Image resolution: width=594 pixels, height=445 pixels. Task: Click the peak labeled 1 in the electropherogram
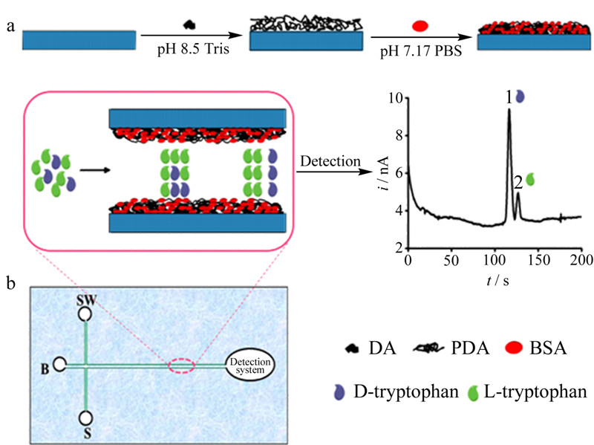coord(509,109)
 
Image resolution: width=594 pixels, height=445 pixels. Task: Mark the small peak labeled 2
coord(518,193)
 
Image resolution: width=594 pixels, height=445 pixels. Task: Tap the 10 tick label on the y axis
coord(396,98)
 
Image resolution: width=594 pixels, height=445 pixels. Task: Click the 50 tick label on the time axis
coord(451,261)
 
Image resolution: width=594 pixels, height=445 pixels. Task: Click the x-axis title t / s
coord(497,281)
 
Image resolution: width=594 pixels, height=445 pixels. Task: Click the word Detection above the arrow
coord(330,161)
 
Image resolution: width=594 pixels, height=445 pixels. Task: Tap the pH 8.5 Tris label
coord(193,49)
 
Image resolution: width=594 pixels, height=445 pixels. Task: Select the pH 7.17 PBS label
coord(421,51)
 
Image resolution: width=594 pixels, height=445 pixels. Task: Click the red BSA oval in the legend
coord(514,347)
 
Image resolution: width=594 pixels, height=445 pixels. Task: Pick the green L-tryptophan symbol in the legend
coord(474,393)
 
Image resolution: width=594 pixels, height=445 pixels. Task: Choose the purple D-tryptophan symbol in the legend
coord(339,392)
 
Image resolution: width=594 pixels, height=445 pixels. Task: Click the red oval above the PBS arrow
coord(420,26)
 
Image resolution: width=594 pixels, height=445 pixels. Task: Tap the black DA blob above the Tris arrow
coord(189,25)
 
